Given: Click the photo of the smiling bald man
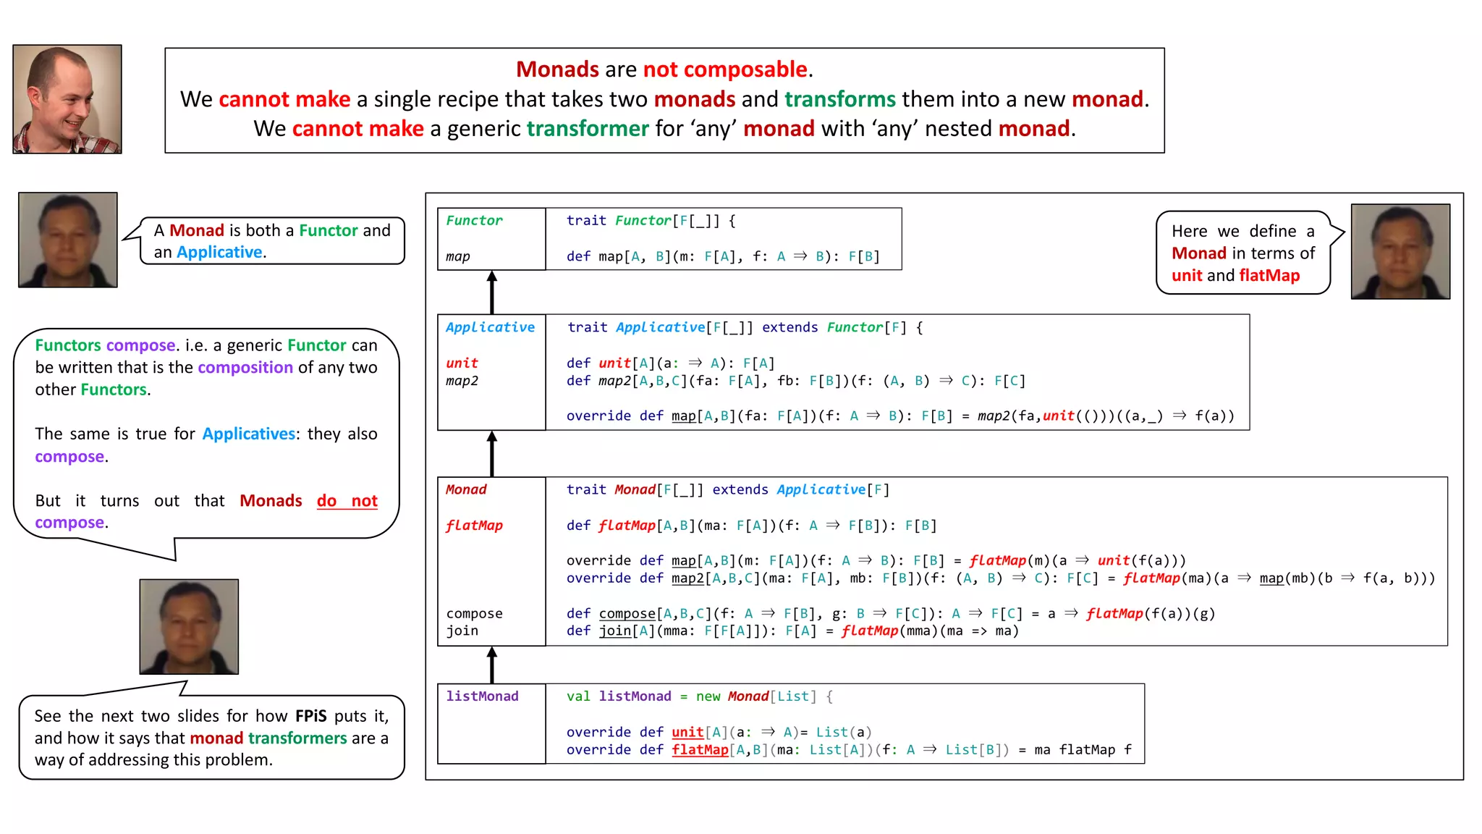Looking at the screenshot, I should (67, 99).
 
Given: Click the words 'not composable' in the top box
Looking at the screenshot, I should (725, 69).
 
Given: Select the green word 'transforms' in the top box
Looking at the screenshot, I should (839, 99).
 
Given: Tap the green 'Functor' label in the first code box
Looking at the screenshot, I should (474, 221).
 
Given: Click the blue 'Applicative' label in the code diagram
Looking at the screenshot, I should (490, 327).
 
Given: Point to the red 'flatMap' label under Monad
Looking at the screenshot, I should (474, 526).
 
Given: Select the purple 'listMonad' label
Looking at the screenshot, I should (482, 696).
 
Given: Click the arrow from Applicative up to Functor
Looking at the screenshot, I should (492, 292).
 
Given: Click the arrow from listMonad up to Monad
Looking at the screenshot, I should (492, 665).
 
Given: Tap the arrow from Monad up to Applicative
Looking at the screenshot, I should (492, 454).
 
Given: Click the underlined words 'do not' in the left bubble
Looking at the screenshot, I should (347, 501).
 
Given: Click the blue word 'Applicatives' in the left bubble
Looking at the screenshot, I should (249, 434).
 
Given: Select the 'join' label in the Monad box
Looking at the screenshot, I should (462, 631).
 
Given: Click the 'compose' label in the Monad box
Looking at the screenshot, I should (474, 614).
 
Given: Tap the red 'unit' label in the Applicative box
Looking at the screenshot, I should (462, 363).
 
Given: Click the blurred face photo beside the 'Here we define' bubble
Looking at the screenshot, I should (1400, 252).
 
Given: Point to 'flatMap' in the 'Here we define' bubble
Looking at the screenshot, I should (1269, 276).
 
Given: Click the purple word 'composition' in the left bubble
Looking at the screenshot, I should (245, 368).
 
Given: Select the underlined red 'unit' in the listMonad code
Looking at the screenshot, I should (687, 733).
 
